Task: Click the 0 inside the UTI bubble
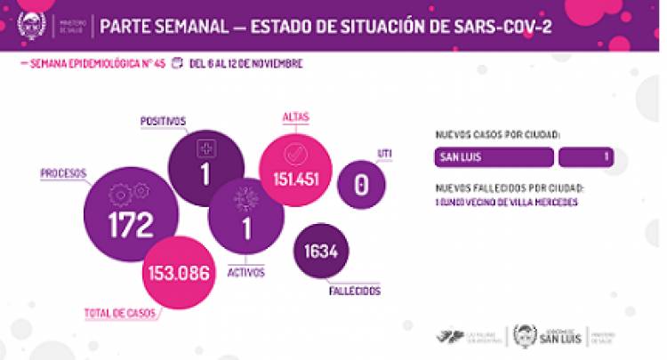(x=360, y=184)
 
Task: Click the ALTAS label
(x=295, y=116)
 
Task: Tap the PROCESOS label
(x=63, y=172)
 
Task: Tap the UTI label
(x=384, y=153)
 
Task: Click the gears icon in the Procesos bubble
(x=128, y=192)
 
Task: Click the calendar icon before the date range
(x=176, y=64)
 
